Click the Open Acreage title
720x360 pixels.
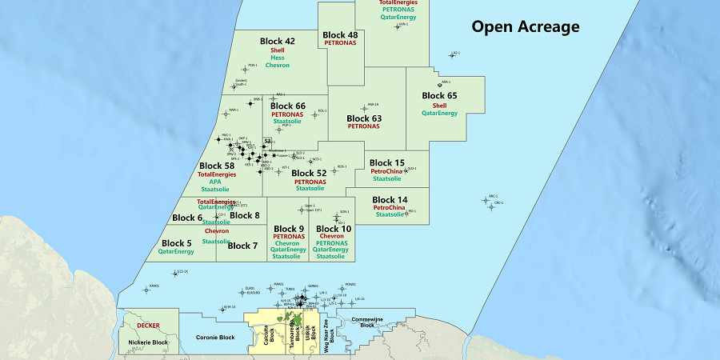525,27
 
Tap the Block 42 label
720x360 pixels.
278,41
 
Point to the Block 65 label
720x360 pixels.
439,96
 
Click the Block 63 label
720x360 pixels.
364,118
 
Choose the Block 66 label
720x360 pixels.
288,106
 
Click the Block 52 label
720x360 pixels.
309,173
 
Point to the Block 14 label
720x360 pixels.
390,200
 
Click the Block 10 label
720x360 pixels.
334,229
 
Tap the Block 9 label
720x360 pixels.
288,229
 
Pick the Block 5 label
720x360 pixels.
177,242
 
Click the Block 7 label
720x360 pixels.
242,246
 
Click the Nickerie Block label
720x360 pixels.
149,342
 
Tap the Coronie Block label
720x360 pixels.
214,338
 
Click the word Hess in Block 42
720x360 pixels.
278,58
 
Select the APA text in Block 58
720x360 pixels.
215,182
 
